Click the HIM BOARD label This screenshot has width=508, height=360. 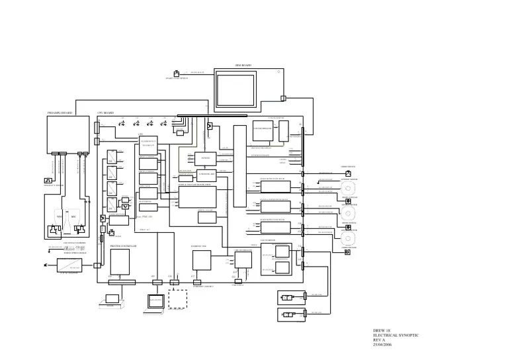tap(243, 66)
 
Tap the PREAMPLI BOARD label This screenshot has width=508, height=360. tap(60, 113)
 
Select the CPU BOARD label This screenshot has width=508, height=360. tap(106, 113)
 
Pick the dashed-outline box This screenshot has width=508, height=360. tap(177, 299)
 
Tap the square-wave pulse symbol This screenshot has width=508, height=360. tap(48, 181)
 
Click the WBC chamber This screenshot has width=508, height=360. tap(59, 216)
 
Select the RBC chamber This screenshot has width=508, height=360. tap(83, 216)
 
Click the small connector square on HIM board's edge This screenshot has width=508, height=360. tap(283, 99)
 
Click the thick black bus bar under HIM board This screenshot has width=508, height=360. tap(212, 115)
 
